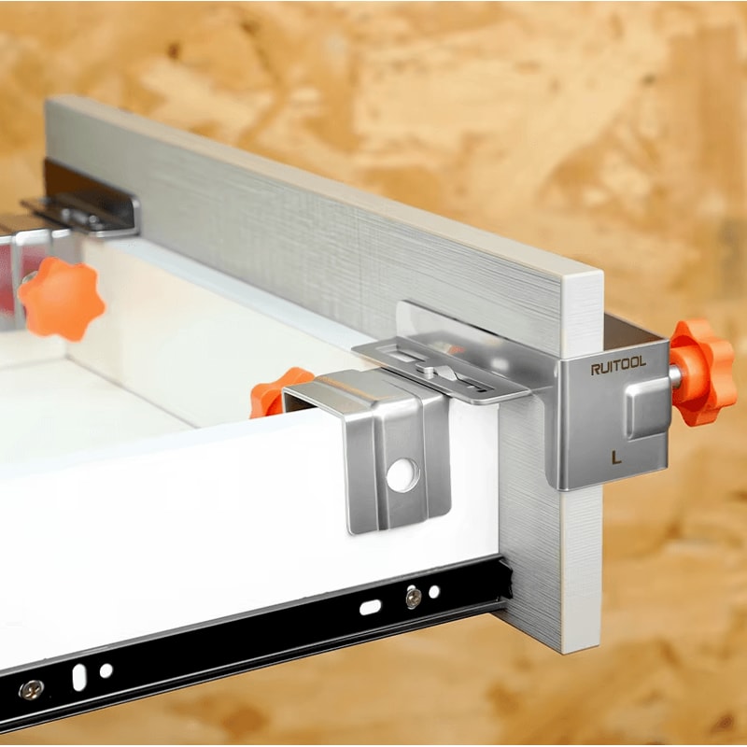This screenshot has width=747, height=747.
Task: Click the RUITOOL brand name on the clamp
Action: click(x=618, y=365)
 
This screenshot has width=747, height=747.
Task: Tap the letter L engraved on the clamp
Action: click(x=616, y=458)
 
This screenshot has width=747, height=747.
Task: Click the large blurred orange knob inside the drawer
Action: click(x=61, y=299)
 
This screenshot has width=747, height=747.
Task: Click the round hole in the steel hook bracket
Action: click(x=403, y=475)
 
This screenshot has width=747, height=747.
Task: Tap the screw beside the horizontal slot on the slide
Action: click(x=414, y=598)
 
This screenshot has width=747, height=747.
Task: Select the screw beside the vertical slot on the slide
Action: click(x=32, y=689)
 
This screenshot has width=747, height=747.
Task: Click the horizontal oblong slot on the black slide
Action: click(x=370, y=607)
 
